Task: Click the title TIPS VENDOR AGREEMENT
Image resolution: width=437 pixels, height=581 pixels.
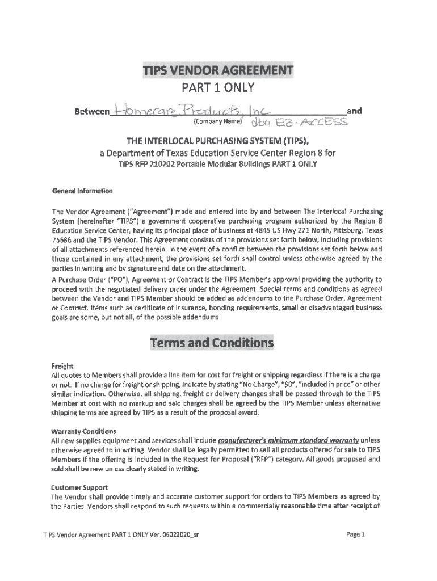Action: point(218,71)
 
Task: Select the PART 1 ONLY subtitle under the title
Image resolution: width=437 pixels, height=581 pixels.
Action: point(218,89)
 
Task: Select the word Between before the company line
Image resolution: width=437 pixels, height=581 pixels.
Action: point(91,112)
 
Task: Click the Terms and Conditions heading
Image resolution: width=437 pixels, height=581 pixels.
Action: point(211,343)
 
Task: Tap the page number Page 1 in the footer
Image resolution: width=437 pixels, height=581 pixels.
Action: point(358,534)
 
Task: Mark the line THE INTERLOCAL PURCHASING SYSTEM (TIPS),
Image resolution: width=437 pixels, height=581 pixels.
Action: point(218,141)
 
